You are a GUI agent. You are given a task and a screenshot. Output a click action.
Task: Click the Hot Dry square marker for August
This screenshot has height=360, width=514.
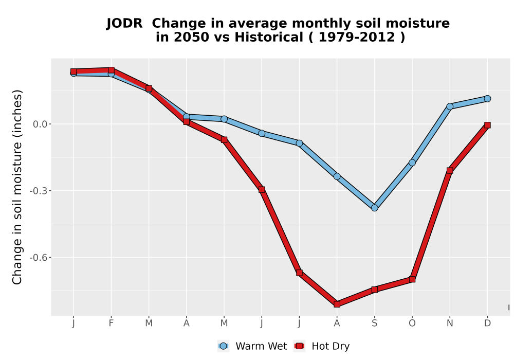337,304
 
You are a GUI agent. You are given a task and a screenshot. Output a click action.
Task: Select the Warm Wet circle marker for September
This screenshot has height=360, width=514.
374,208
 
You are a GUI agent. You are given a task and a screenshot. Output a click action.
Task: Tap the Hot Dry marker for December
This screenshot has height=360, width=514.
487,125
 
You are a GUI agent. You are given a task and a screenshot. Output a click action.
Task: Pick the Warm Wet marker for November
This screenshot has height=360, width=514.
450,106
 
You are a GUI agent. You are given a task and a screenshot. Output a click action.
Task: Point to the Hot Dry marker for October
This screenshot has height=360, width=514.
412,279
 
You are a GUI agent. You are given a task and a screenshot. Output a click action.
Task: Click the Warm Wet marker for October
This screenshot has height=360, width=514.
412,163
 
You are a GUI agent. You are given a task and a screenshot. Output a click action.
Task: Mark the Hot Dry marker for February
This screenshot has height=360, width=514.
111,70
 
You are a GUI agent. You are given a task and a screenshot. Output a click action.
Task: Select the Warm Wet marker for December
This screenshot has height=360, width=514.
487,98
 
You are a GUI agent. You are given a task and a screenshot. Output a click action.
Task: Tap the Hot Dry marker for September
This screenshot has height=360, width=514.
374,290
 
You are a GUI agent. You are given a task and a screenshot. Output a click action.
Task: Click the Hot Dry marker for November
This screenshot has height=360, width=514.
450,171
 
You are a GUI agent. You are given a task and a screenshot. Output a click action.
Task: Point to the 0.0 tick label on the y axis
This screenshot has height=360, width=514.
40,124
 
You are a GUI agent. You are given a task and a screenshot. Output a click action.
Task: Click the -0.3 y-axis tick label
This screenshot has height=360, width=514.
39,191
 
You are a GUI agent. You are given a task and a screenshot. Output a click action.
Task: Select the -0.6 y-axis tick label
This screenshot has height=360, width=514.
39,257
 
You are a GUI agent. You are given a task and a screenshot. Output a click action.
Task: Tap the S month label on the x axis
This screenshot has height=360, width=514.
374,323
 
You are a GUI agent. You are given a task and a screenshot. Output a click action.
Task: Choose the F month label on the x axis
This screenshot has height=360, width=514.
111,323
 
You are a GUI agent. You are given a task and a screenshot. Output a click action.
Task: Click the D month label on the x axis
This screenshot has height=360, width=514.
487,323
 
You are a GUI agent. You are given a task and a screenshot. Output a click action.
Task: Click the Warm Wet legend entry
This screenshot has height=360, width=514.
252,346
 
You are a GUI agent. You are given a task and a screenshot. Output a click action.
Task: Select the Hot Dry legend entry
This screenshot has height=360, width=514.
322,346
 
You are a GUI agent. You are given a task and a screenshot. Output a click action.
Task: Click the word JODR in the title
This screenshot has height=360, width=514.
124,24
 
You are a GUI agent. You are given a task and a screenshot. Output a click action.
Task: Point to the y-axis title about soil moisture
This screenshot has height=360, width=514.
17,187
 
